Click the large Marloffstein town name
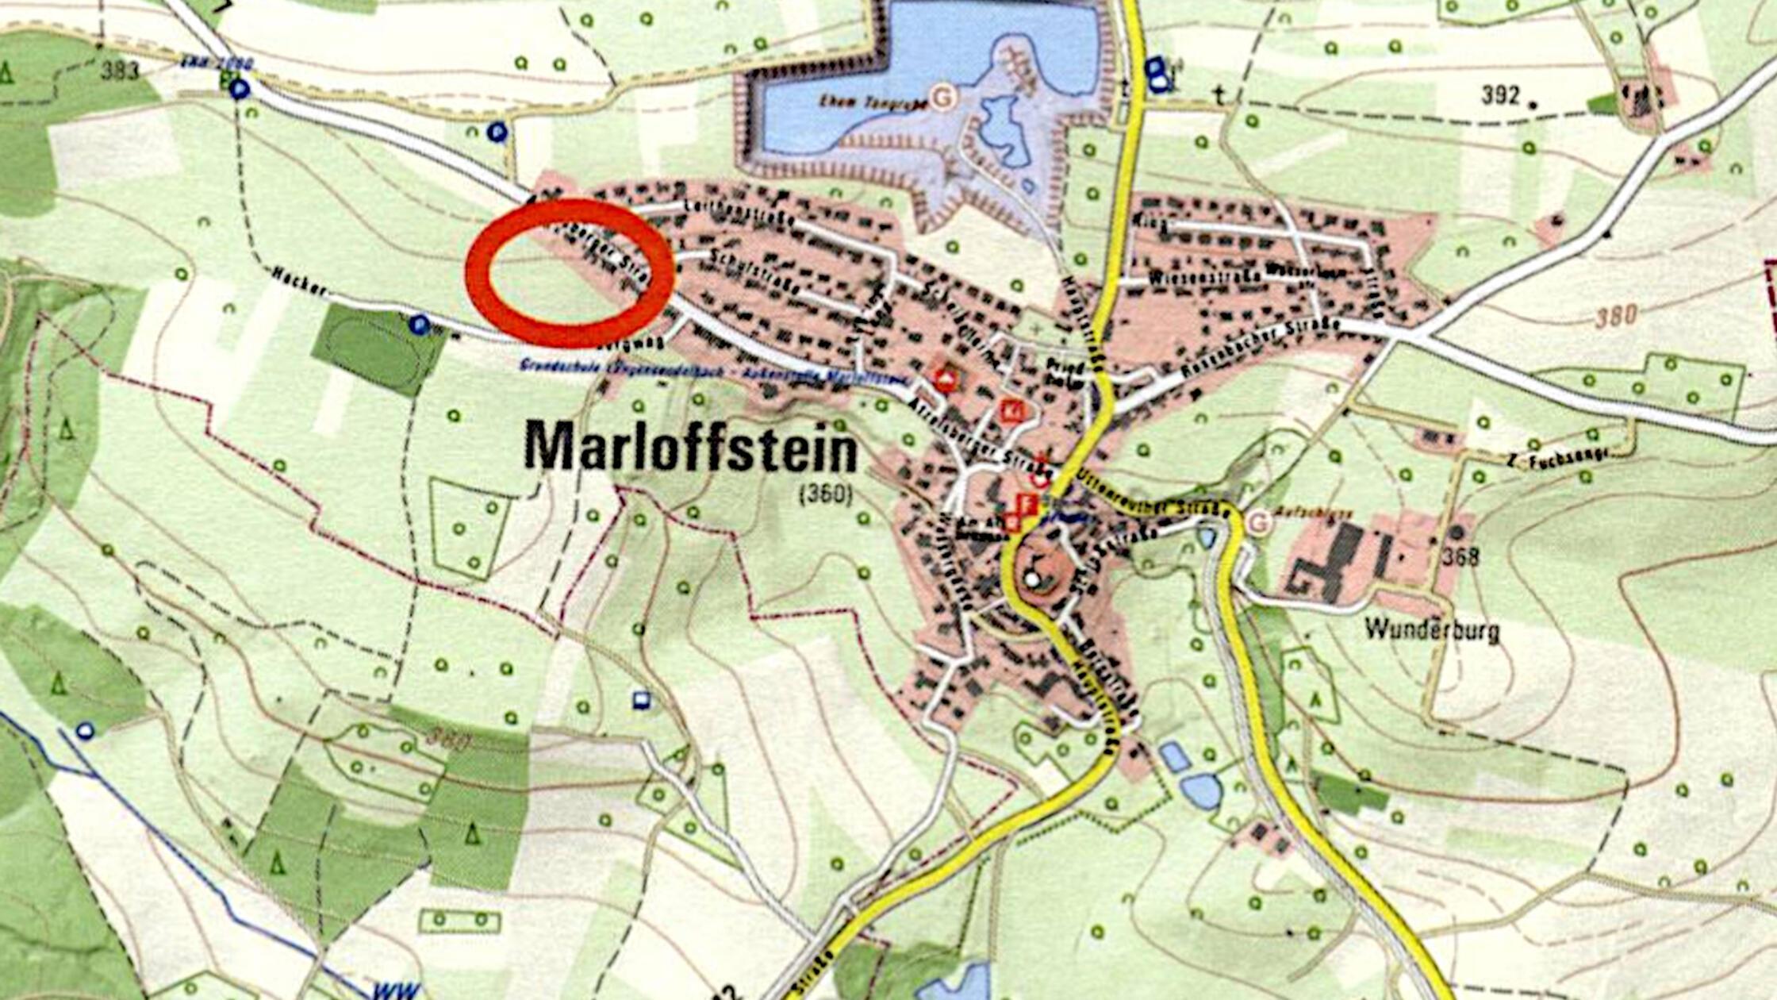[x=690, y=448]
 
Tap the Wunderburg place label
[x=1432, y=630]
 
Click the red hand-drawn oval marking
[x=570, y=273]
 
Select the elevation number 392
[x=1500, y=95]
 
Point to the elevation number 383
[x=120, y=71]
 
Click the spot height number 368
[x=1460, y=556]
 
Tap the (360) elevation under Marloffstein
[x=825, y=495]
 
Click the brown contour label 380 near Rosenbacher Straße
[x=1616, y=316]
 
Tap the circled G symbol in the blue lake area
[x=942, y=97]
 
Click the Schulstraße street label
[x=753, y=271]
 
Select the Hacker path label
[x=298, y=281]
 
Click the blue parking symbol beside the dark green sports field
[x=419, y=324]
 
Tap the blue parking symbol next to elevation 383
[x=239, y=89]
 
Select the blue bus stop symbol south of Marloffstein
[x=641, y=700]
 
